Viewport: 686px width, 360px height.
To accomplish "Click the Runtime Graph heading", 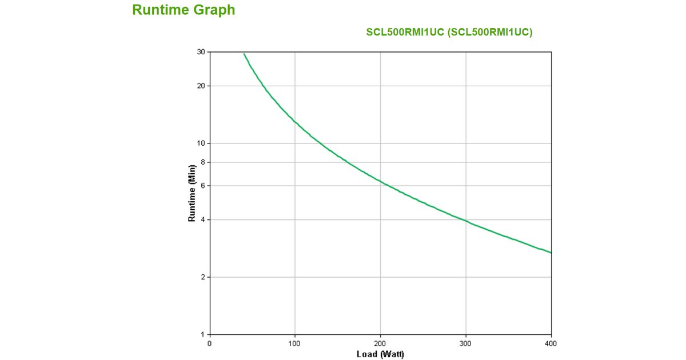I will (184, 10).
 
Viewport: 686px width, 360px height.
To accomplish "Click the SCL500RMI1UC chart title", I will (449, 33).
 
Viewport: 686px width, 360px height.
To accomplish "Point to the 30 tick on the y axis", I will (201, 52).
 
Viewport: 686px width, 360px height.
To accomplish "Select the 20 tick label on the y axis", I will (201, 86).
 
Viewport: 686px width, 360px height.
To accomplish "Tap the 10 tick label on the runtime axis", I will (201, 143).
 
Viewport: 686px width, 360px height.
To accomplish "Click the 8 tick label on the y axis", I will (203, 162).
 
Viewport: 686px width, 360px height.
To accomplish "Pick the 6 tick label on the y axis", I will (203, 186).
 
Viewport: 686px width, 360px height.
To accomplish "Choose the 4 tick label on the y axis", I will (203, 220).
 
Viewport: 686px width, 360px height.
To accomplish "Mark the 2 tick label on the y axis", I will (203, 277).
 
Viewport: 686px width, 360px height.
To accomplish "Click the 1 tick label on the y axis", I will (203, 334).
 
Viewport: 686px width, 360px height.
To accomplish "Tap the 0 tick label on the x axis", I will (210, 343).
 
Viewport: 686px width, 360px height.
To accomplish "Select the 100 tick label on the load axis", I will (295, 343).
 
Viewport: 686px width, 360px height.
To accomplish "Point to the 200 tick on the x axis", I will (381, 343).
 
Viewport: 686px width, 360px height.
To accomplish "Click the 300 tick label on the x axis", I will (466, 343).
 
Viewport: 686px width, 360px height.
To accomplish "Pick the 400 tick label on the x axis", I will (551, 343).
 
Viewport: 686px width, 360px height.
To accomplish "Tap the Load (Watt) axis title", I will (380, 354).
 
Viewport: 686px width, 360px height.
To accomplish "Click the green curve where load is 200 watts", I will (381, 182).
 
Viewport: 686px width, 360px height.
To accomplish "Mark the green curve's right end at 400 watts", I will (551, 253).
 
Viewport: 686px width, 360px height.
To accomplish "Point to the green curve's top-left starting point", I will (244, 54).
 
